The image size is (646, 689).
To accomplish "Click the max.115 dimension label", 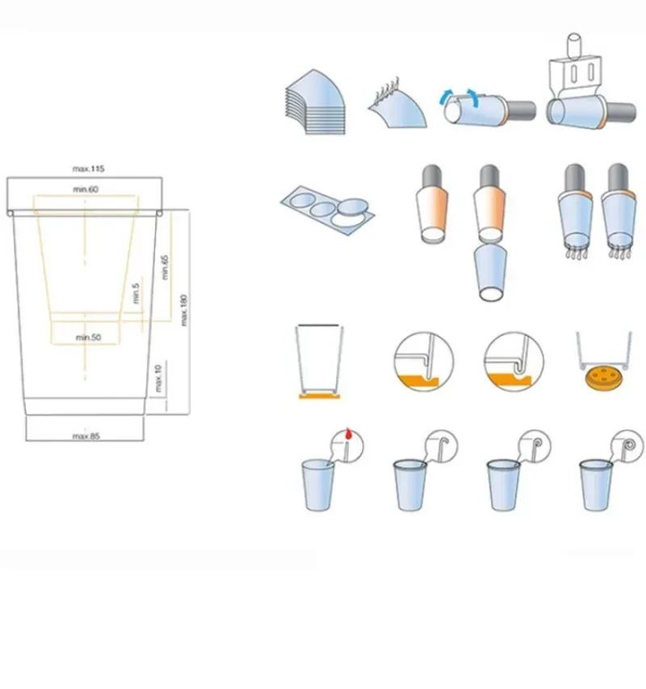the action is tap(88, 169).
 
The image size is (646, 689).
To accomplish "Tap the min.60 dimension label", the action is tap(86, 189).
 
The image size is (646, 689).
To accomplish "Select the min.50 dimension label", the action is tap(88, 338).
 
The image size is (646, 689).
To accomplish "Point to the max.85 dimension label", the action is tap(86, 436).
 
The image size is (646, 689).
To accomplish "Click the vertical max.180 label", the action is tap(184, 310).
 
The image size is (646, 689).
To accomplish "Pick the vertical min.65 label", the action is tap(165, 267).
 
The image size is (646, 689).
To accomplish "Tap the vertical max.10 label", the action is tap(158, 378).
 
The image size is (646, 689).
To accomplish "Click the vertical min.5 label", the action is tap(136, 293).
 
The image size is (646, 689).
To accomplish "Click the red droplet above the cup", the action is tap(349, 434).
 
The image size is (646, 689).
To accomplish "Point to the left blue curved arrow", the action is tap(445, 95).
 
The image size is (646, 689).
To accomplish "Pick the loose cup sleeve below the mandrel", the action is tap(490, 272).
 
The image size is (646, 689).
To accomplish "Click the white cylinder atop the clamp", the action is tap(573, 45).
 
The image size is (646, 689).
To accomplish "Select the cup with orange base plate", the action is tap(319, 362).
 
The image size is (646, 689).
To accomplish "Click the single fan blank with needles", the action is tap(398, 105).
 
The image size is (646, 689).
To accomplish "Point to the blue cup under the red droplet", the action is tap(318, 485).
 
